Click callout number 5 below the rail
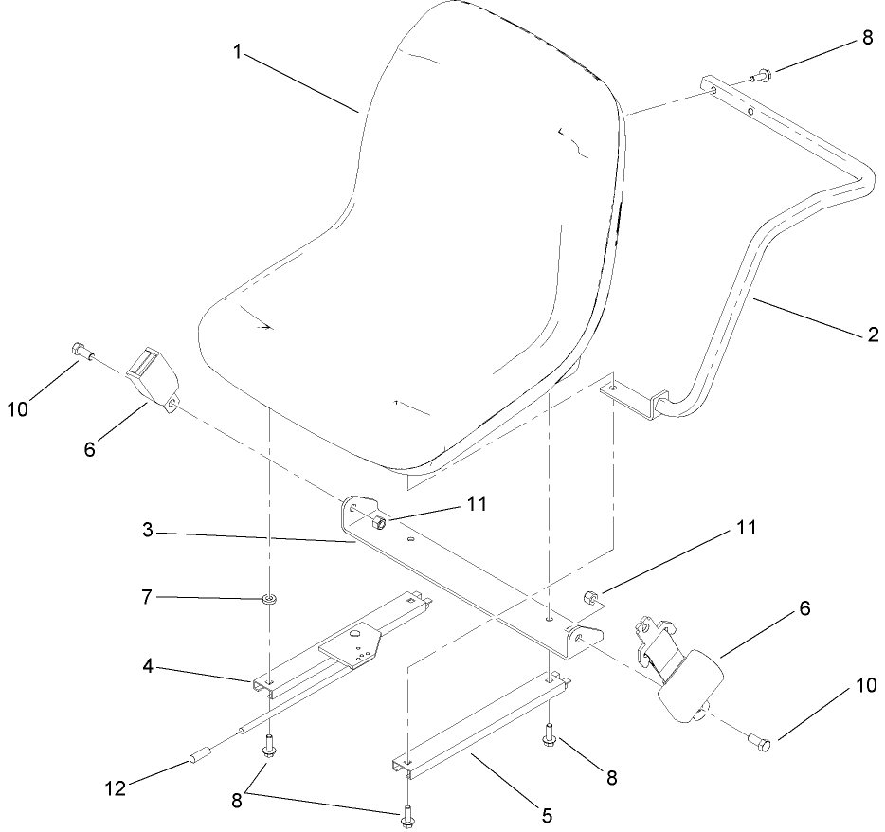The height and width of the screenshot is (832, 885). click(x=547, y=813)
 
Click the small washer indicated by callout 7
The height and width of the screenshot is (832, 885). click(x=271, y=599)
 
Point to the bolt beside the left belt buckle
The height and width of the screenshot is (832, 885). click(x=82, y=352)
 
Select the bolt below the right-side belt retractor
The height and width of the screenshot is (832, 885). click(x=759, y=740)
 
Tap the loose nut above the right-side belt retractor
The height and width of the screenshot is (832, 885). click(x=587, y=596)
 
